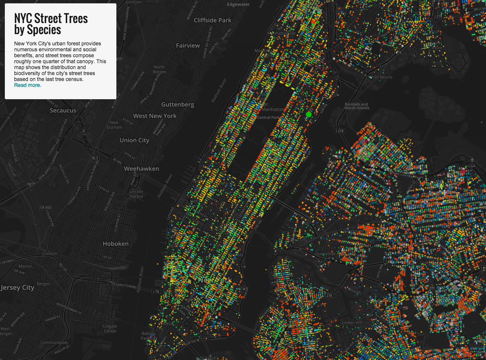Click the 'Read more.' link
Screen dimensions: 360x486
click(x=28, y=85)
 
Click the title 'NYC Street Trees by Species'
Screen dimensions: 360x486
click(x=51, y=24)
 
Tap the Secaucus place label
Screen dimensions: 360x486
click(x=63, y=110)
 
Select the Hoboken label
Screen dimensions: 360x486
click(x=116, y=244)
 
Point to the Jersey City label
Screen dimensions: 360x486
click(x=17, y=288)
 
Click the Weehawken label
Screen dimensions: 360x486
click(x=141, y=169)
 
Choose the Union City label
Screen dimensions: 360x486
click(x=134, y=140)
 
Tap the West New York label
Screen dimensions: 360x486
click(x=155, y=116)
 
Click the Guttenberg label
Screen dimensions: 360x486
click(x=177, y=104)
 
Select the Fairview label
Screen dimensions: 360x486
click(x=188, y=45)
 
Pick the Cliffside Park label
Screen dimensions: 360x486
click(x=212, y=20)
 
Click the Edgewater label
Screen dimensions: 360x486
click(x=238, y=4)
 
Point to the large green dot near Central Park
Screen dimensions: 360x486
click(x=308, y=114)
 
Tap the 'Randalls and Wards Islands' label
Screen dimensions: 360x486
click(x=357, y=106)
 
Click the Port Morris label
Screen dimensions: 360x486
click(x=382, y=77)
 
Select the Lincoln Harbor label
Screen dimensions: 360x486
click(x=136, y=194)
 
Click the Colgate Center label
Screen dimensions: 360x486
click(x=110, y=328)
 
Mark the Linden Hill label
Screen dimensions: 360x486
click(x=351, y=322)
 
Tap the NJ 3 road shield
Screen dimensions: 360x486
click(x=95, y=158)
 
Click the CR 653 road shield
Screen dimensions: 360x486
click(x=46, y=208)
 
